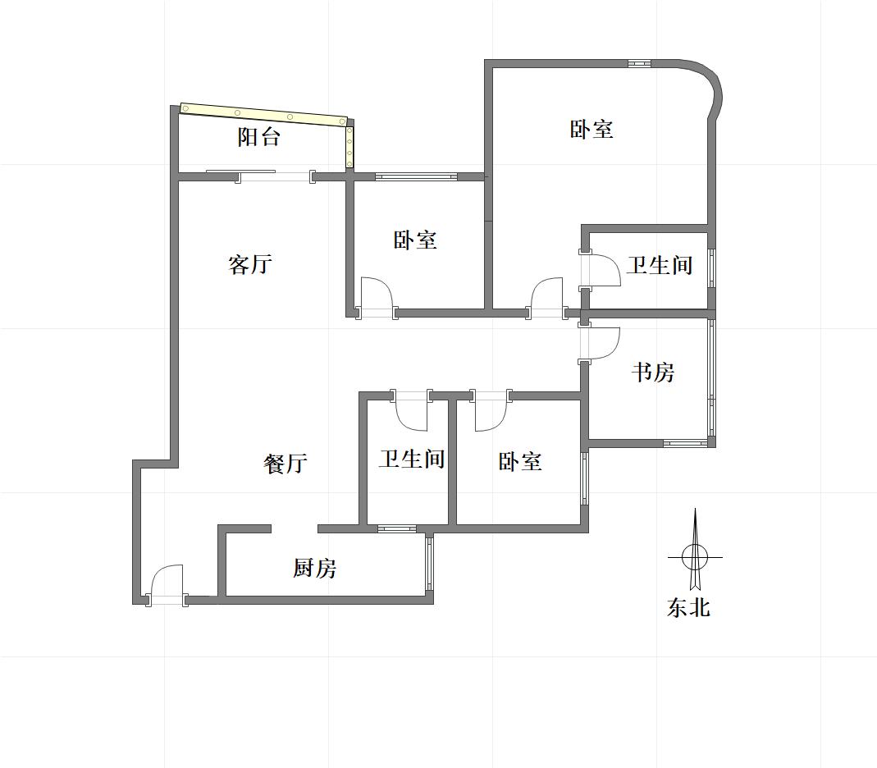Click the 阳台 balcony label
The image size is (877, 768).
pos(259,137)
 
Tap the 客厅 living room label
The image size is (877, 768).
pos(250,265)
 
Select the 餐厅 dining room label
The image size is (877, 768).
pos(285,464)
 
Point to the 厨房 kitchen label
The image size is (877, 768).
pos(315,568)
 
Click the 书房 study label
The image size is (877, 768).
pos(653,373)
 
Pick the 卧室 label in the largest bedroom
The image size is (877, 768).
pos(592,130)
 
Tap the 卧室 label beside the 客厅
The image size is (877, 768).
pos(415,240)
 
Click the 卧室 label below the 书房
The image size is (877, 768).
pos(520,462)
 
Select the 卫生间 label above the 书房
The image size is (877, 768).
pos(660,265)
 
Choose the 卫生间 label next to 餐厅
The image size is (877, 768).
pos(412,459)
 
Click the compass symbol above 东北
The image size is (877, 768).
pos(695,557)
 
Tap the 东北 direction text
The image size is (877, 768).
pos(688,608)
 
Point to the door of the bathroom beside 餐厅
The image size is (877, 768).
pos(412,410)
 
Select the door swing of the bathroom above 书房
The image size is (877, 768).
pos(602,271)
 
